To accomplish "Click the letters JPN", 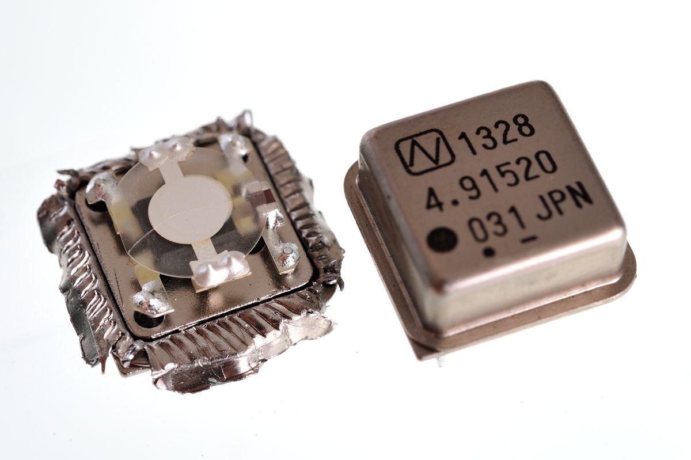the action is click(x=564, y=205).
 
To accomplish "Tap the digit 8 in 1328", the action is click(x=524, y=126).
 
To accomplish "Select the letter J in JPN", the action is click(x=544, y=211).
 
